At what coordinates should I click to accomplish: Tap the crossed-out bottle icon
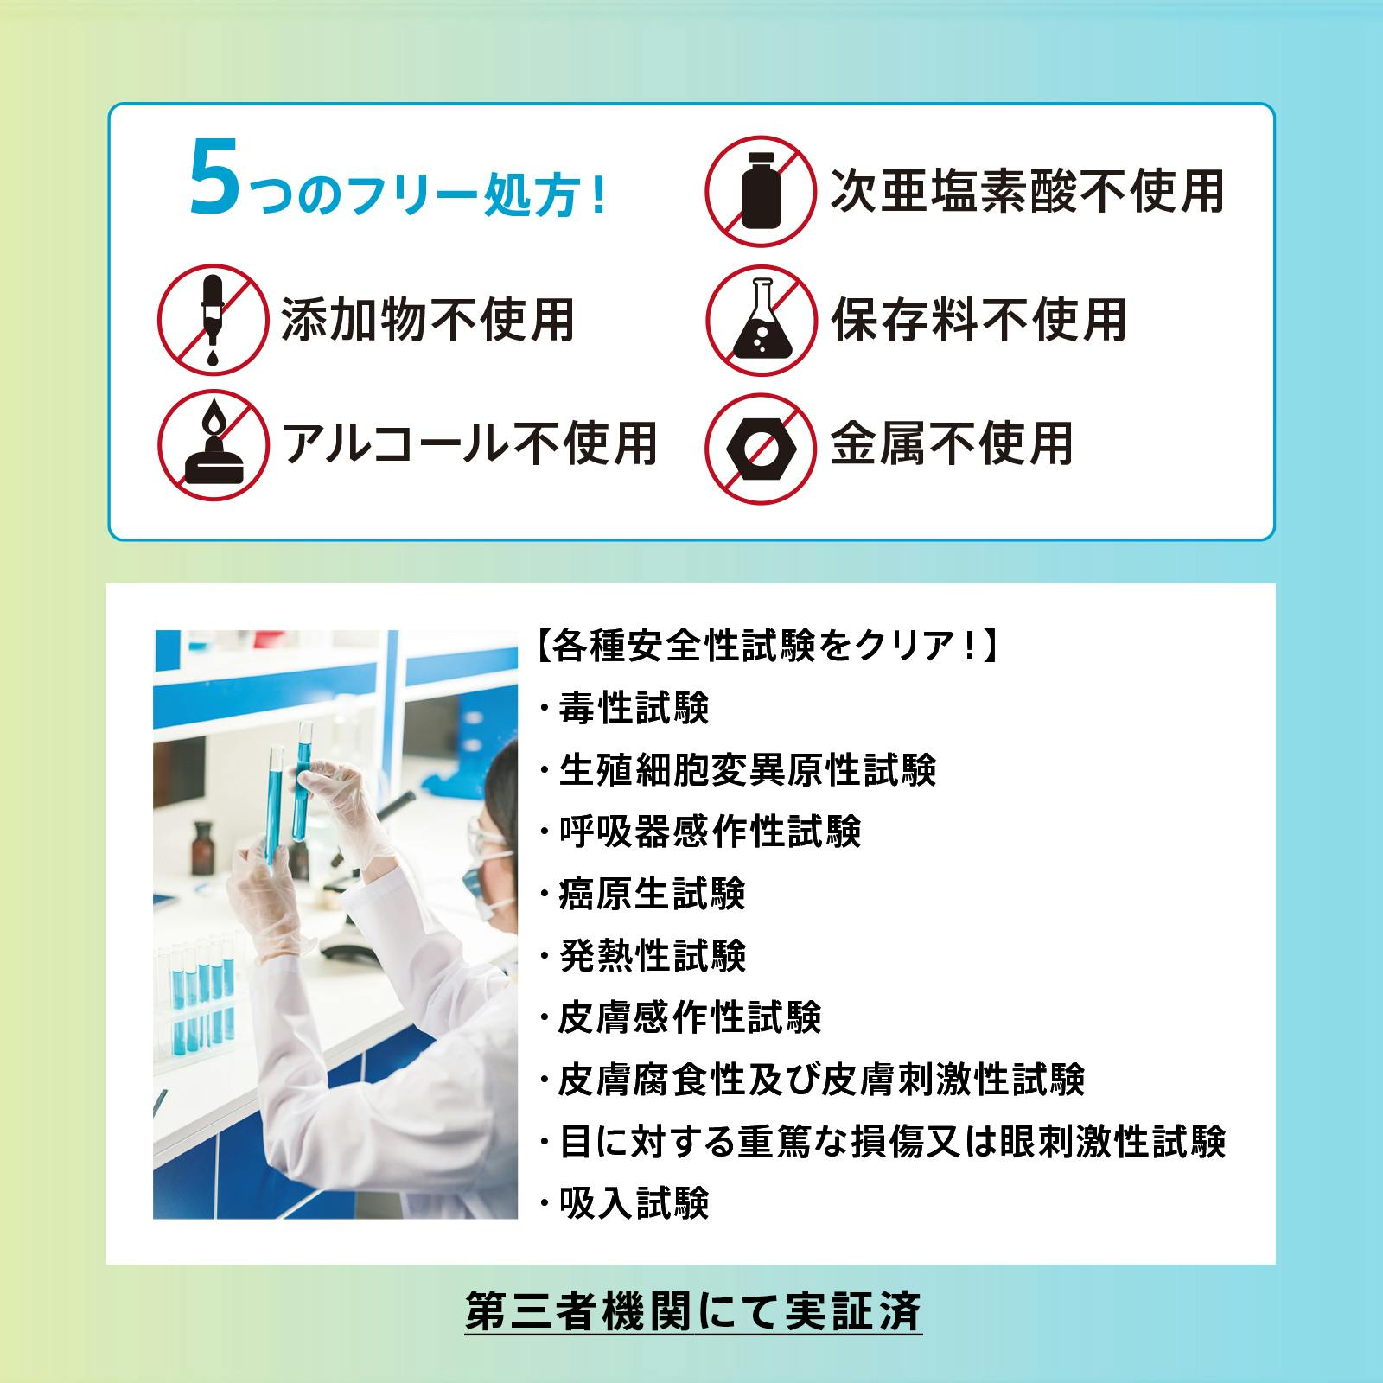[761, 191]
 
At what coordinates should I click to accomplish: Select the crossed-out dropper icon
[212, 320]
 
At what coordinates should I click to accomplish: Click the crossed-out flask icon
[761, 320]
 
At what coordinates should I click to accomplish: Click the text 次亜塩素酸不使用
[1027, 190]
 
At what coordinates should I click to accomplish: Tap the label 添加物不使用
[428, 320]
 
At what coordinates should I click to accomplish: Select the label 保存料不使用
[978, 320]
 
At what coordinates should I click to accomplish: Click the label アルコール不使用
[470, 444]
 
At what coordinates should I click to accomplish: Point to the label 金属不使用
[952, 444]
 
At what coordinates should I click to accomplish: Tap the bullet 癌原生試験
[643, 894]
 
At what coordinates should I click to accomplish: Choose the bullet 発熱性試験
[643, 956]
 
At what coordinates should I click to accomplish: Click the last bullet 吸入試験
[624, 1202]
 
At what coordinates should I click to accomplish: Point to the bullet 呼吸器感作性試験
[700, 832]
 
